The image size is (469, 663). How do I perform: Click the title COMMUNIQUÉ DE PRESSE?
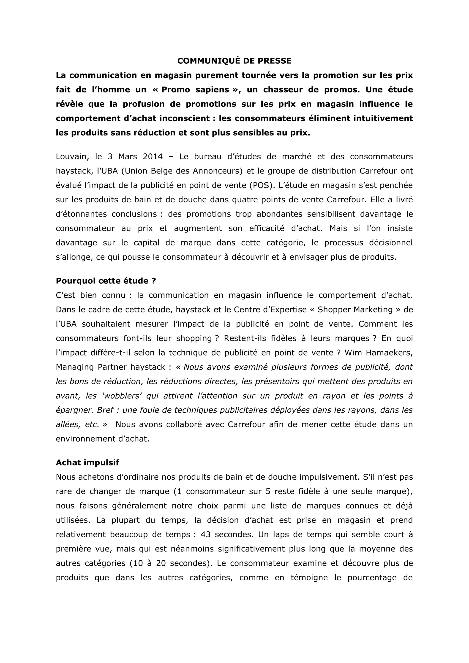[234, 61]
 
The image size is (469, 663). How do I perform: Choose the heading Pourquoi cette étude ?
[106, 281]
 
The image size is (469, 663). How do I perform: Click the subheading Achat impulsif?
[87, 463]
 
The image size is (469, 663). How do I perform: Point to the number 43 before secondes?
[205, 535]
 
